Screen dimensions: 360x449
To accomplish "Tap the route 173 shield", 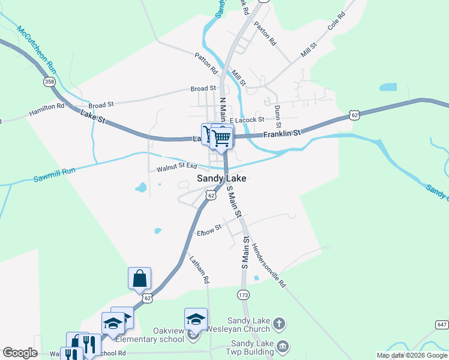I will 243,295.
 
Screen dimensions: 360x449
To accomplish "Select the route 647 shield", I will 442,325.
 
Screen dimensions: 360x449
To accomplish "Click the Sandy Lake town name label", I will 221,179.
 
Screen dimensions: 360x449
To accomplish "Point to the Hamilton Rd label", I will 46,109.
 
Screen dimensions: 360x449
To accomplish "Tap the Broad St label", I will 203,89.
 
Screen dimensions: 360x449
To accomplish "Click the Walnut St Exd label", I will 177,167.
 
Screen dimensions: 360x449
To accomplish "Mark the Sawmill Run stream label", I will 54,175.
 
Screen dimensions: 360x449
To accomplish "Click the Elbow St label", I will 209,230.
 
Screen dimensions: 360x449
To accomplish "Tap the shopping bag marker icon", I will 139,278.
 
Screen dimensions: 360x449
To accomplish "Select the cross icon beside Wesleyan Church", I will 278,325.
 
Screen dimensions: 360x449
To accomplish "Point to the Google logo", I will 20,353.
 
